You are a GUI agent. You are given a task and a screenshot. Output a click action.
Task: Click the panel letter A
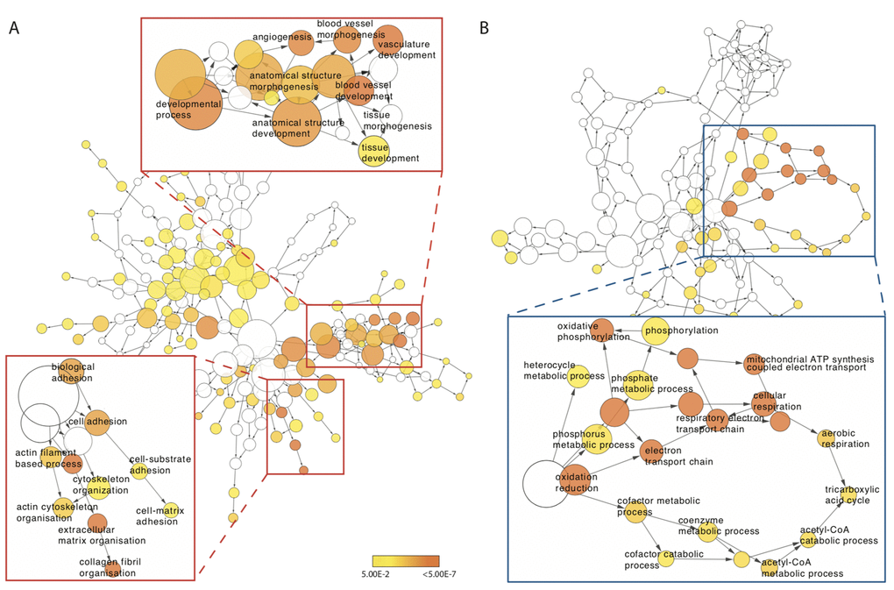click(14, 28)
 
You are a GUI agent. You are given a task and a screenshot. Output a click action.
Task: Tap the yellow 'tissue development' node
click(375, 152)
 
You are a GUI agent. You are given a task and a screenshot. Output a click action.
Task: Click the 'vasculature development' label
click(407, 49)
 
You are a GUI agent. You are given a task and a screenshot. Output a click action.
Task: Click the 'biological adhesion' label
click(73, 372)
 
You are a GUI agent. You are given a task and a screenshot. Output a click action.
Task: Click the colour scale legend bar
click(405, 559)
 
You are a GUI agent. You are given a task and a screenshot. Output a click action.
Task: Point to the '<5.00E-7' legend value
click(430, 574)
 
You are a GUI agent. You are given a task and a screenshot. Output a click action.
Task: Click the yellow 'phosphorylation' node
click(661, 331)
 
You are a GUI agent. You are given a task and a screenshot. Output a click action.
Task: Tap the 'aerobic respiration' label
click(844, 439)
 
